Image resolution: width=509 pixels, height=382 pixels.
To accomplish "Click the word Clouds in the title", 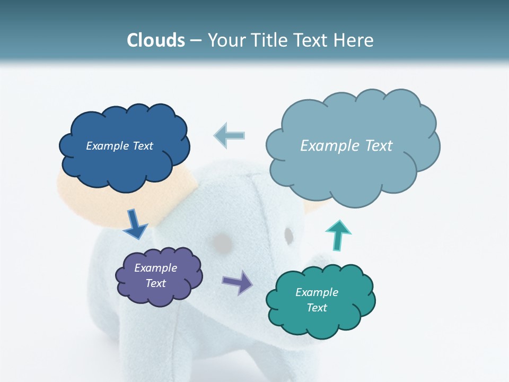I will [156, 40].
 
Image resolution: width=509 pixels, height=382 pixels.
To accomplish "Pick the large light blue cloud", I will [353, 170].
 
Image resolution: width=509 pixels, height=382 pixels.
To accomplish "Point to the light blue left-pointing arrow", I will [229, 135].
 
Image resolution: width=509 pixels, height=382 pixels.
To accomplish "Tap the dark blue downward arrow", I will [135, 224].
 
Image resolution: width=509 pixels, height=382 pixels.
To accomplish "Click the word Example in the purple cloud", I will [155, 268].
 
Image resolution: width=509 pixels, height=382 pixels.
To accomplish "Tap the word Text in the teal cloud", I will [317, 308].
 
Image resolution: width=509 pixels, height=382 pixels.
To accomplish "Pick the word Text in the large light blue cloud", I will [375, 146].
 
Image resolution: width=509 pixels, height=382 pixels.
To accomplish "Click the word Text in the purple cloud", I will [155, 283].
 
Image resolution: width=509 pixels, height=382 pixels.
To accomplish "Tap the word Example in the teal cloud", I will [317, 292].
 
